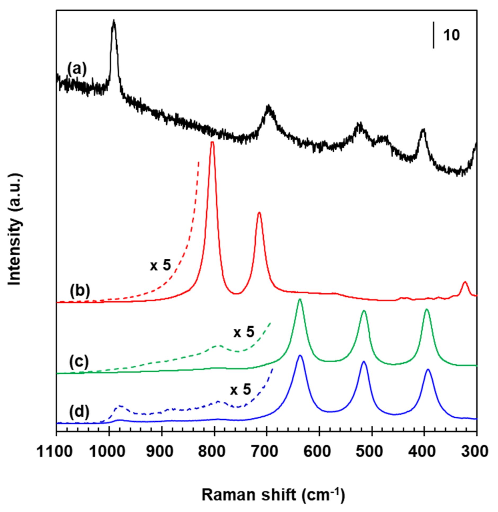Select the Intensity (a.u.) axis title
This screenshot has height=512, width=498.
coord(15,229)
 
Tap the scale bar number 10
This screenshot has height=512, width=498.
coord(451,35)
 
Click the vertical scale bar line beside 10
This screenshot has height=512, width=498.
coord(433,35)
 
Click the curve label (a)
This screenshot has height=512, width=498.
coord(77,69)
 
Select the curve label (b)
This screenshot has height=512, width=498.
coord(80,291)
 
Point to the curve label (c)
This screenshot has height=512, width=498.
coord(79,362)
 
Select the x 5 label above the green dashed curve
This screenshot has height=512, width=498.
coord(244,332)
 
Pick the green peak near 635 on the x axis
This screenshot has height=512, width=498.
coord(300,300)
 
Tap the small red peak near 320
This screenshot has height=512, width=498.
coord(465,283)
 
